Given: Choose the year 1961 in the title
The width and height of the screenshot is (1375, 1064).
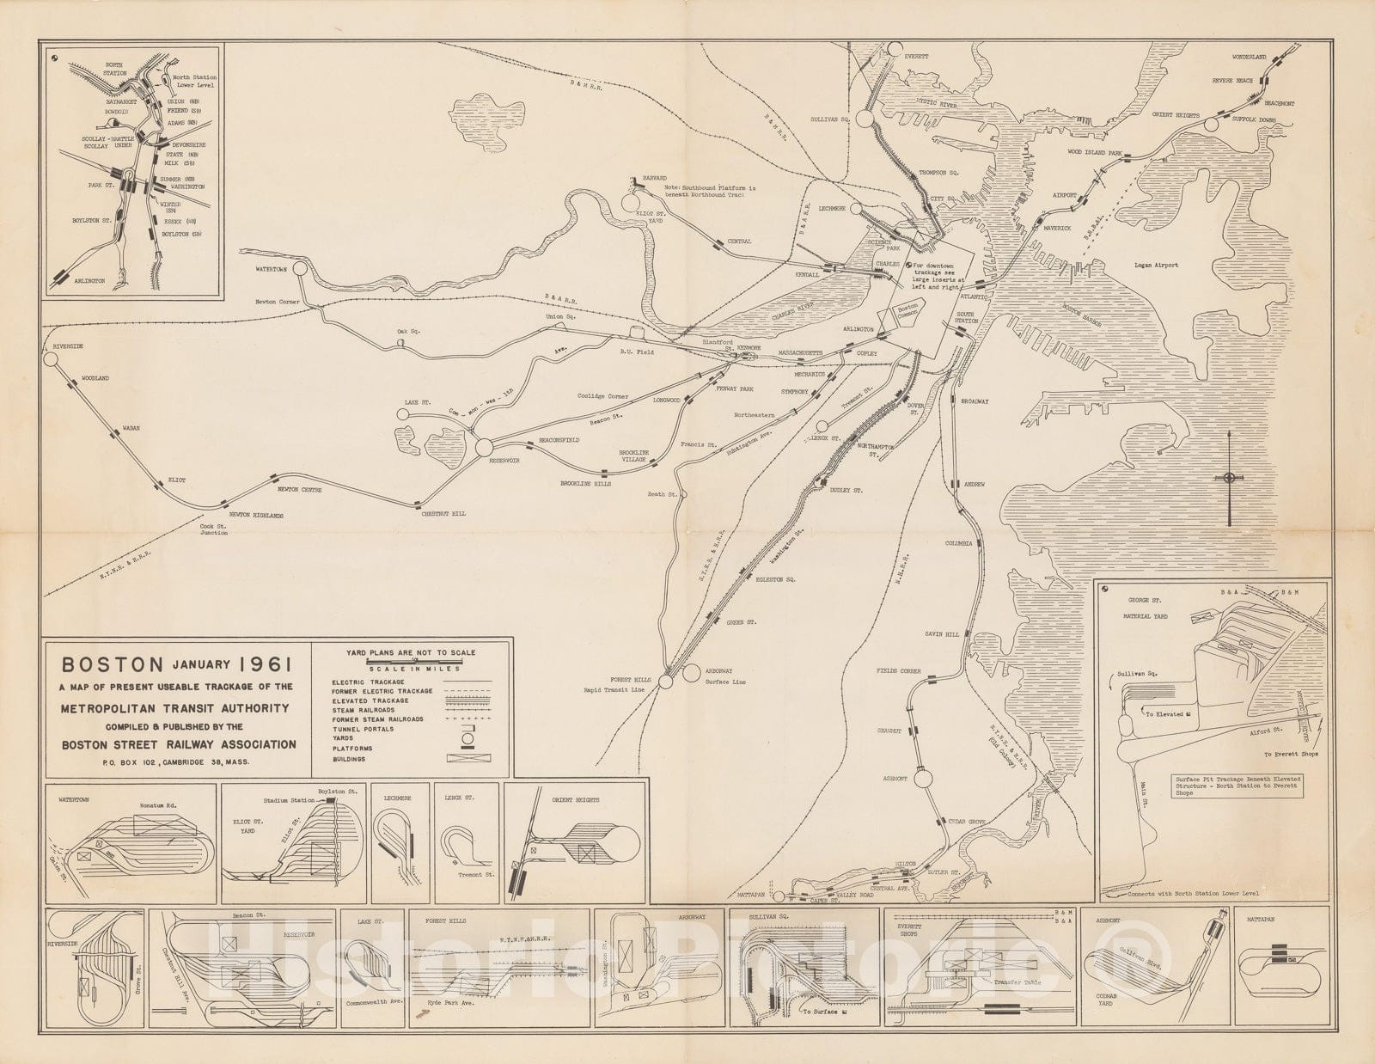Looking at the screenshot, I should point(266,664).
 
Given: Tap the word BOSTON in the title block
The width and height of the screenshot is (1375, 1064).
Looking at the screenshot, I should point(111,664).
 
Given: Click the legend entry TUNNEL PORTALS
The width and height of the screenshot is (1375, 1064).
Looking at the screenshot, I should point(362,729).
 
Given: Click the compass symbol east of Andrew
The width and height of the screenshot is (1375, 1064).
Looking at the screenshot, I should point(1229,479).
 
